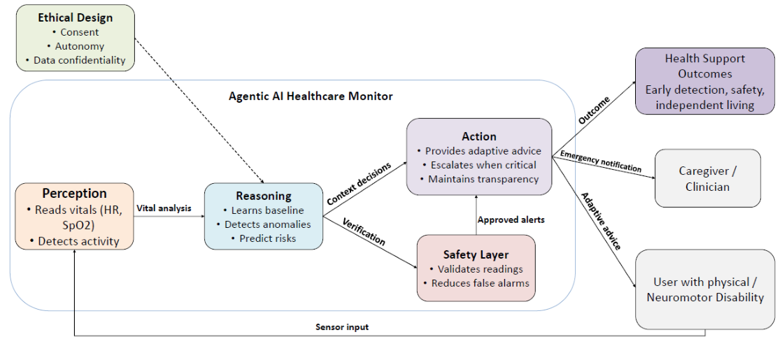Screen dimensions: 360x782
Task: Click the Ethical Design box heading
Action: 75,17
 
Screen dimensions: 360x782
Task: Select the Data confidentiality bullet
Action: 76,60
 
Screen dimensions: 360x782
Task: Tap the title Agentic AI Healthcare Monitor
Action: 311,96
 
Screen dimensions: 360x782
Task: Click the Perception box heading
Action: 74,194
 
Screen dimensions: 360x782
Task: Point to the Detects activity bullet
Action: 74,241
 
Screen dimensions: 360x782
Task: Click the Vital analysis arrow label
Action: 164,208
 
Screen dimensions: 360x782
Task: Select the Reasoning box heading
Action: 264,196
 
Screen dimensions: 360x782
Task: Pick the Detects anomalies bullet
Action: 264,224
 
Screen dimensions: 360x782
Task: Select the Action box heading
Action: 479,136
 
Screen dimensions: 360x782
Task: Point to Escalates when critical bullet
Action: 479,165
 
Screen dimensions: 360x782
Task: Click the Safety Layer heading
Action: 476,254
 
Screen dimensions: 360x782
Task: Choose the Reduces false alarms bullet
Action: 476,283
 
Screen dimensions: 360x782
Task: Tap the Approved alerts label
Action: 511,219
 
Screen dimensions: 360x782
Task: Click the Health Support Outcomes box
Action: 704,81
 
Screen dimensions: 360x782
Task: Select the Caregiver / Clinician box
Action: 707,178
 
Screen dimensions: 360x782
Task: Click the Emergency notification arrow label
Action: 602,163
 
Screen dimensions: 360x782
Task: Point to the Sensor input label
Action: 341,326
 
